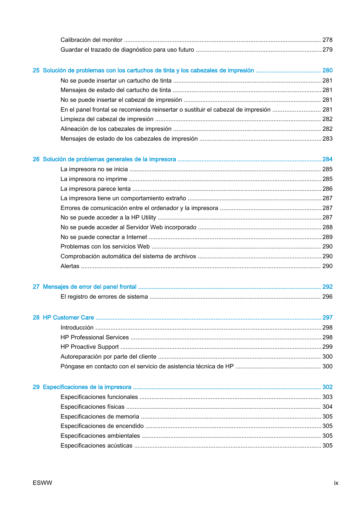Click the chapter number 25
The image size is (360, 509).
click(x=36, y=71)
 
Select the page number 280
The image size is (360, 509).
click(x=327, y=71)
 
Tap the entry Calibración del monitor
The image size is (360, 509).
click(x=91, y=40)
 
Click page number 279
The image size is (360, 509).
click(x=327, y=50)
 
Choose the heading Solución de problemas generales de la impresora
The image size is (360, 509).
click(x=109, y=159)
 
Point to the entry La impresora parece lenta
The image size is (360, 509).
click(x=95, y=189)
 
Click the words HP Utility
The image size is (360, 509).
click(x=143, y=218)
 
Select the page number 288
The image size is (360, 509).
click(x=327, y=227)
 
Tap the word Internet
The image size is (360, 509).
click(x=137, y=237)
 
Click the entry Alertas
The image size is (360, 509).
click(x=70, y=266)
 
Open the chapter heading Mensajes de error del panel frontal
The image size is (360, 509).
click(x=89, y=287)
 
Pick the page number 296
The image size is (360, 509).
click(x=327, y=297)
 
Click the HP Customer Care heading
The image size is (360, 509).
click(x=68, y=318)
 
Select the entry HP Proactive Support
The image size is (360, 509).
click(x=89, y=347)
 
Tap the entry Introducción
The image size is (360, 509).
click(x=77, y=328)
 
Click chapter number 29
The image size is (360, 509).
click(x=36, y=387)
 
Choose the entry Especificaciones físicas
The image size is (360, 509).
click(x=92, y=407)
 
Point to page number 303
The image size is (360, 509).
click(x=327, y=397)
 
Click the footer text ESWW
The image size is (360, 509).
click(x=42, y=483)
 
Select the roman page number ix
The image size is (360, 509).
click(x=336, y=483)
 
